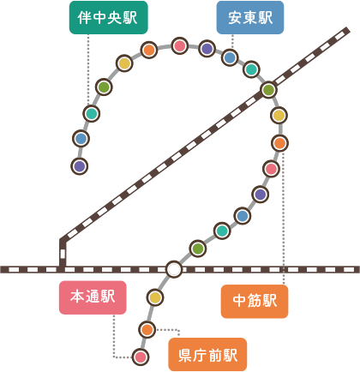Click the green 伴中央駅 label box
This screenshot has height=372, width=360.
pyautogui.click(x=109, y=17)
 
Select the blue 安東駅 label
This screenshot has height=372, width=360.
pyautogui.click(x=250, y=17)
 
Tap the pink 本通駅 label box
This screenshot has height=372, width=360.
pyautogui.click(x=93, y=297)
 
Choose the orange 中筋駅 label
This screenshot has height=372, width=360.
pyautogui.click(x=255, y=301)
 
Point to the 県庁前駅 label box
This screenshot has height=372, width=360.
pyautogui.click(x=207, y=354)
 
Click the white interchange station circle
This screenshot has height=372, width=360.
pyautogui.click(x=174, y=269)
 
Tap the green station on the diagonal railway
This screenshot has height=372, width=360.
pyautogui.click(x=268, y=90)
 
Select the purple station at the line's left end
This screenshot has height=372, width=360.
pyautogui.click(x=80, y=166)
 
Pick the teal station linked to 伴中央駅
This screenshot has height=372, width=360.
pyautogui.click(x=92, y=114)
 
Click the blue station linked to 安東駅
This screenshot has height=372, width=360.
pyautogui.click(x=230, y=57)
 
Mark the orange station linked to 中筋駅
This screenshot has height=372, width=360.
pyautogui.click(x=279, y=143)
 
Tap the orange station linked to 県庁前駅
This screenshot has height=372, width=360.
pyautogui.click(x=147, y=330)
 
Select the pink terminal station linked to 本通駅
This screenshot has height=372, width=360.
pyautogui.click(x=141, y=357)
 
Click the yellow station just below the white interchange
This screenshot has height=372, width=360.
pyautogui.click(x=155, y=297)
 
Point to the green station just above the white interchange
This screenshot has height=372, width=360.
pyautogui.click(x=198, y=249)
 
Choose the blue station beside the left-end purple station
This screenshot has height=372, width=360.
pyautogui.click(x=81, y=139)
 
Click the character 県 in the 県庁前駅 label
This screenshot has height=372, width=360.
pyautogui.click(x=186, y=355)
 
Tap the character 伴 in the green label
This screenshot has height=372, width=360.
pyautogui.click(x=85, y=18)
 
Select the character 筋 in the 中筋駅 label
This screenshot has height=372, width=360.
pyautogui.click(x=255, y=301)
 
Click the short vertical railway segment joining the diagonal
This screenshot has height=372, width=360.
pyautogui.click(x=63, y=253)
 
